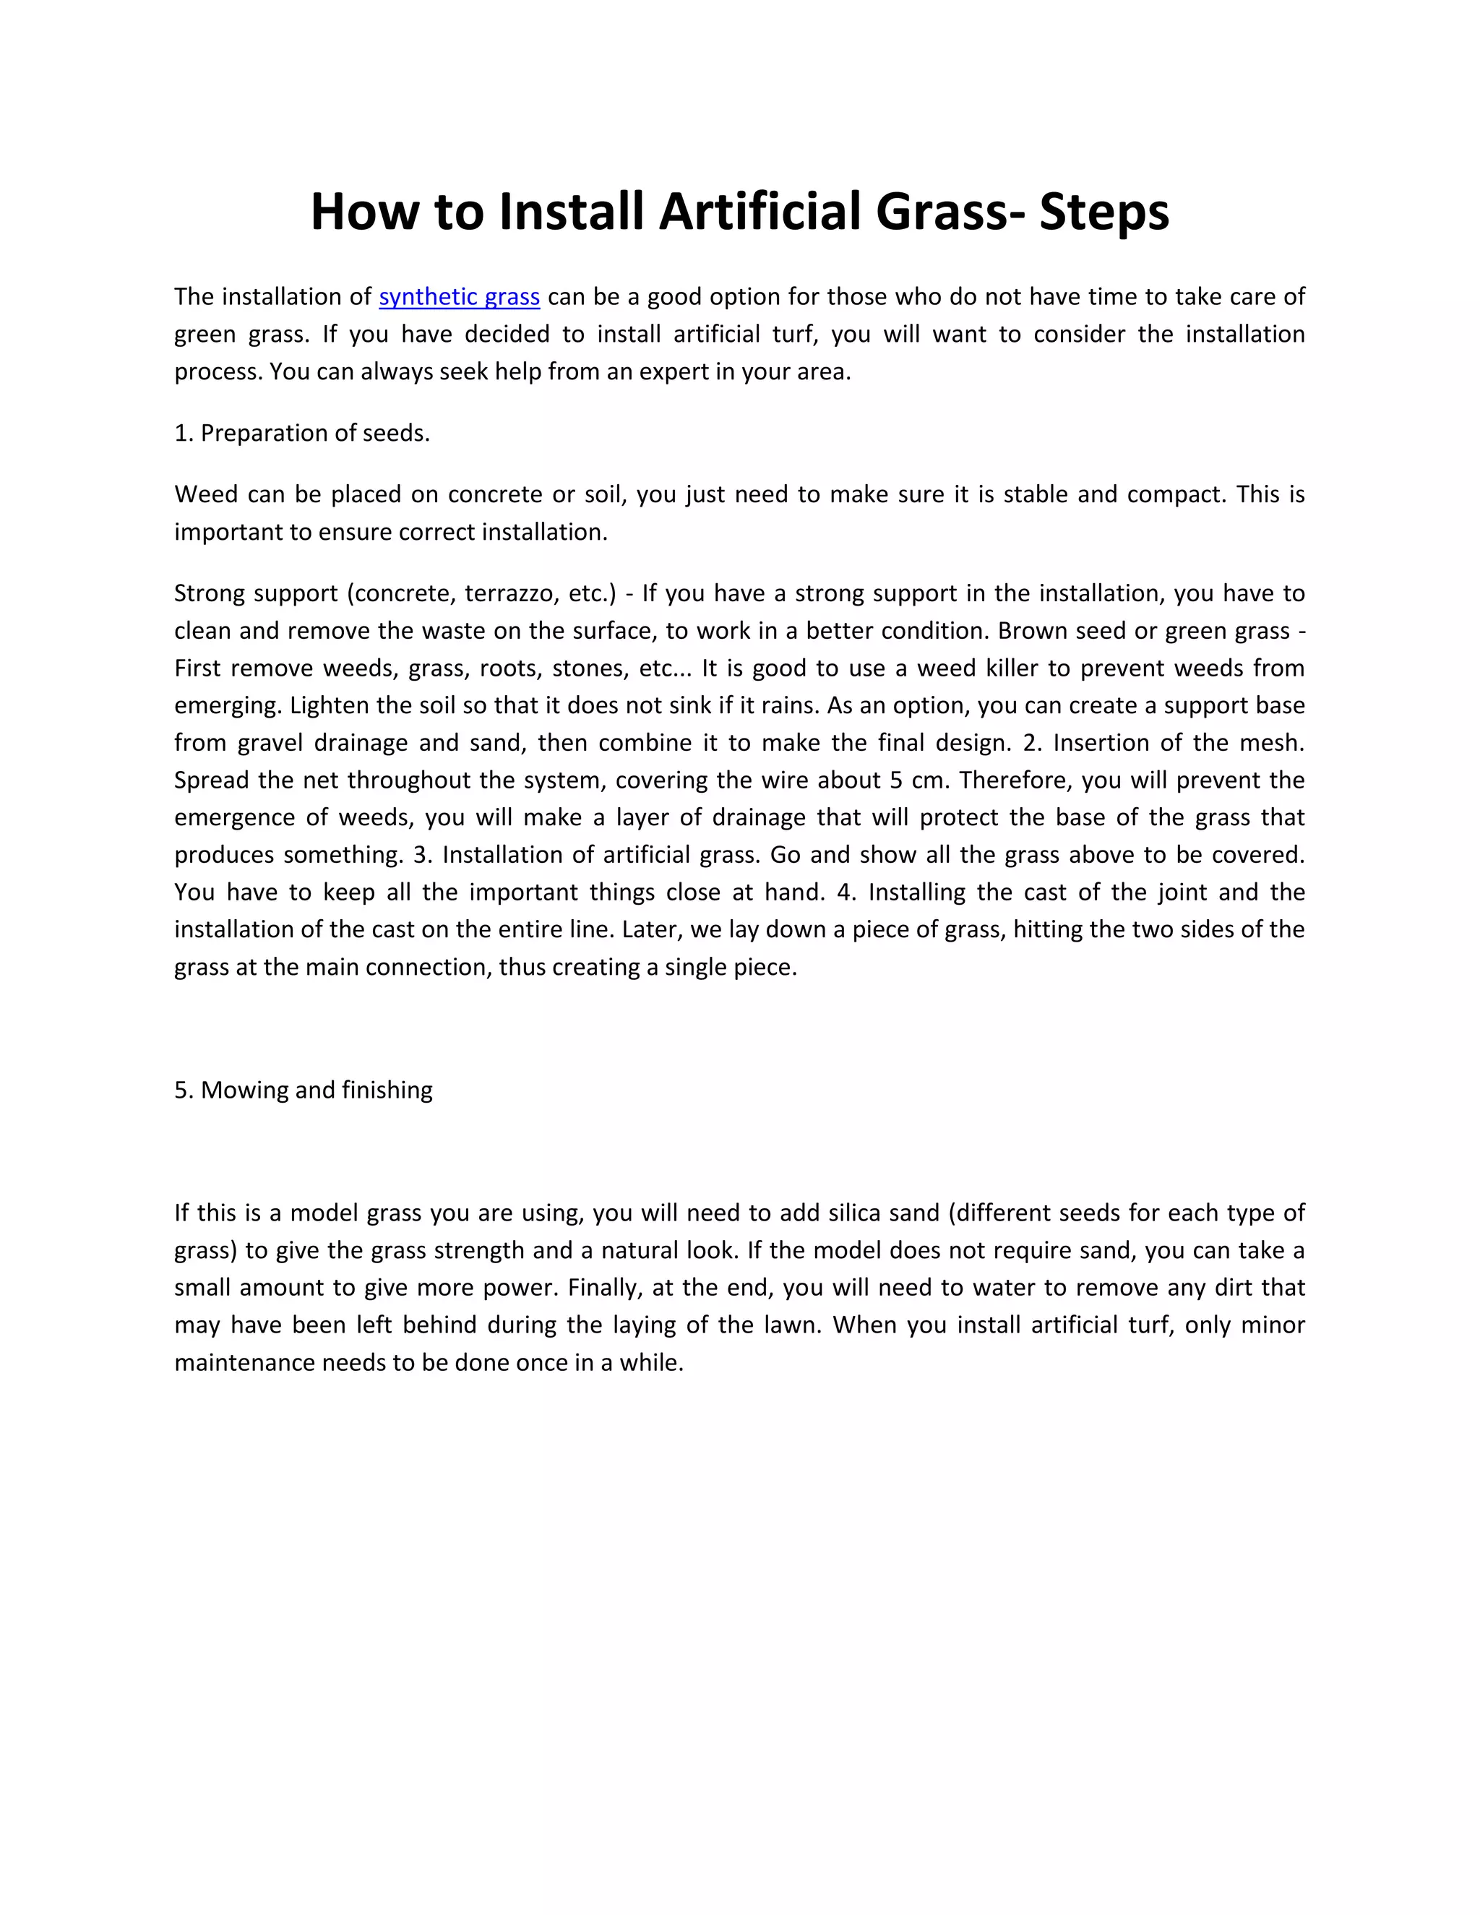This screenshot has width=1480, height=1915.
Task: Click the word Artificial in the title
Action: pyautogui.click(x=760, y=212)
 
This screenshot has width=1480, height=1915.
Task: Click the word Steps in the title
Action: pyautogui.click(x=1104, y=212)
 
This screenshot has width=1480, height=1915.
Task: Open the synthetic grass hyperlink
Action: pyautogui.click(x=459, y=297)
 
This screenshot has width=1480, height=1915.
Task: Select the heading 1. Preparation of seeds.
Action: pyautogui.click(x=301, y=433)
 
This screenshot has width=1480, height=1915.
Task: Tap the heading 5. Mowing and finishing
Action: pyautogui.click(x=304, y=1090)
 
